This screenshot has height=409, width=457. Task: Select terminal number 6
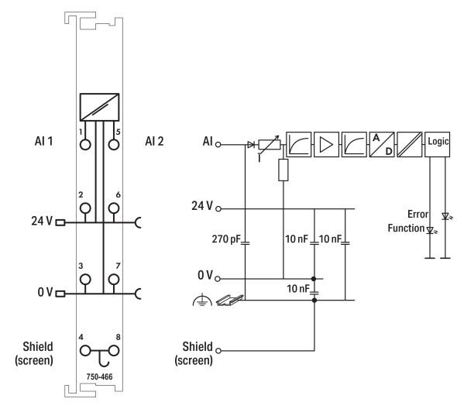click(114, 208)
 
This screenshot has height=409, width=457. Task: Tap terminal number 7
click(114, 279)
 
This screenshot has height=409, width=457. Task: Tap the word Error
click(408, 214)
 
